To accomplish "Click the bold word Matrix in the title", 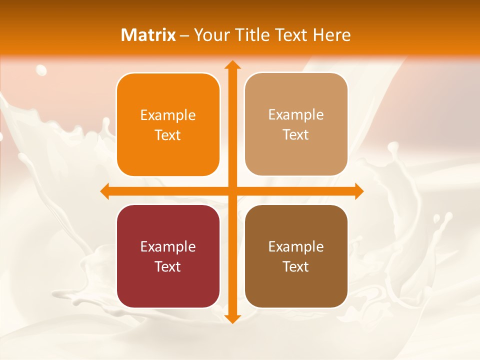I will pos(148,35).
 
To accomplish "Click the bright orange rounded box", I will pos(168,124).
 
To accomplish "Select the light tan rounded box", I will pos(296,124).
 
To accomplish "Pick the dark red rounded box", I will pos(168,256).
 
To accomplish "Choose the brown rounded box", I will pos(296,256).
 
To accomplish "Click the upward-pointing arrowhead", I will pos(232,65).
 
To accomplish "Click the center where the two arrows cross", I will pos(232,191).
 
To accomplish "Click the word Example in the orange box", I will pos(168,115).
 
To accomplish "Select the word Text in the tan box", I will pos(296,134).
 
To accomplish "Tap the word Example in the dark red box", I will pos(168,246).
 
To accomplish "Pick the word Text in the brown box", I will pos(296,266).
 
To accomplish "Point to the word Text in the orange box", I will pos(168,135).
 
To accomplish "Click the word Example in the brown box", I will pos(296,246).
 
